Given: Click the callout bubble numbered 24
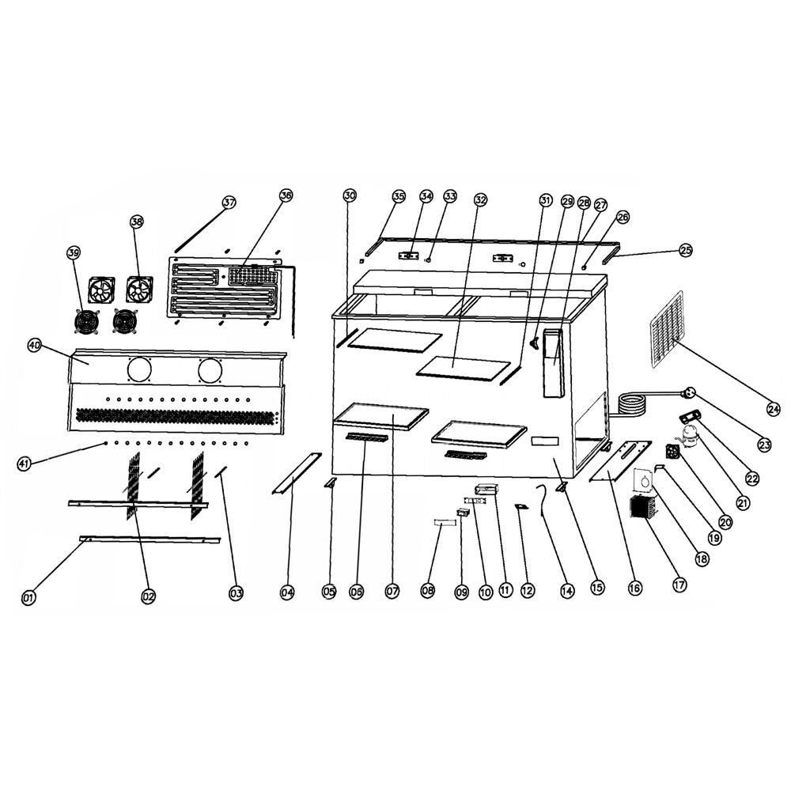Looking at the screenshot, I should pos(773,409).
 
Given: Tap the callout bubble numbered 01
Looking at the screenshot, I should pos(28,597).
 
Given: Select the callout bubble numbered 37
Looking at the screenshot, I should pos(229,202).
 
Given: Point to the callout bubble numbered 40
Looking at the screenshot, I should pos(34,346).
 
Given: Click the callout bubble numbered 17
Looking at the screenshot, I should pos(679,585).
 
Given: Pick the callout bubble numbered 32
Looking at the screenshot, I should pos(480,200).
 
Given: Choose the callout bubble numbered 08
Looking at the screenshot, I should pos(428,590).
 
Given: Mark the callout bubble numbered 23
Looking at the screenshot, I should pos(764,445).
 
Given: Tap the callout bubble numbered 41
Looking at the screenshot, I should pos(25,464).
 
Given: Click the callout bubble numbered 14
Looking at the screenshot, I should pos(565,589).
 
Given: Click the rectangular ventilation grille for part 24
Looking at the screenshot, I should pos(667,330).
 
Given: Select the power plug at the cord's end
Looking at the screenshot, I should pos(687,392).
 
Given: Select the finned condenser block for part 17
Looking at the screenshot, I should pos(643,508).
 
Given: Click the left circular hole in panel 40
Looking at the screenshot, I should pos(140,369).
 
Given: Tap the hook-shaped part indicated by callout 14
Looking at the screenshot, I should pos(543,498).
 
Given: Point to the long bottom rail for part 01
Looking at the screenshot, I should pos(150,539).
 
